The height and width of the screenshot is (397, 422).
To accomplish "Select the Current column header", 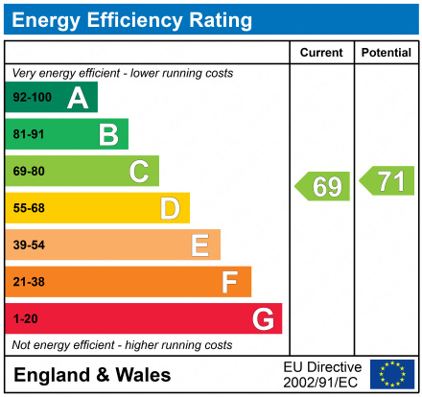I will click(321, 53).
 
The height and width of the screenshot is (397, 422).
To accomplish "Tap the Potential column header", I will click(387, 53).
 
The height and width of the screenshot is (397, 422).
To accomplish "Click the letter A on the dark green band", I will click(78, 98).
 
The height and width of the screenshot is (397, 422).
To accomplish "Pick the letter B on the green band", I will click(108, 134).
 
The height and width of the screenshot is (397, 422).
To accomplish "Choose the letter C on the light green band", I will click(139, 172).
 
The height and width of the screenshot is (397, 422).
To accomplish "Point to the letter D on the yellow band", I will click(170, 208).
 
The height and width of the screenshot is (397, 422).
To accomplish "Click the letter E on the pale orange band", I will click(199, 245).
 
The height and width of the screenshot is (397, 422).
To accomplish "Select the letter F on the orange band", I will click(230, 282).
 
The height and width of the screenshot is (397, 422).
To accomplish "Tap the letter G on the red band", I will click(262, 318).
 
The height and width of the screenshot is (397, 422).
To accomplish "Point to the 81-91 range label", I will click(28, 134).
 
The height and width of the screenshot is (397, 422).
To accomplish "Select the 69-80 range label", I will click(28, 172).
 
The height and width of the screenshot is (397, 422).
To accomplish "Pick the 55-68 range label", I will click(28, 208).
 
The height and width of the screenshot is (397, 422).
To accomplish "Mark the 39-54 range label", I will click(28, 245).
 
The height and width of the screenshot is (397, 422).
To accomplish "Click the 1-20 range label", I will click(25, 318).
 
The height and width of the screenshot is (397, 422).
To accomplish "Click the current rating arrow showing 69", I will click(323, 186).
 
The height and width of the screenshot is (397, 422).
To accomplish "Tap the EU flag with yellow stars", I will click(392, 374).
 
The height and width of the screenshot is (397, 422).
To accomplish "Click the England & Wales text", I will click(92, 375).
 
